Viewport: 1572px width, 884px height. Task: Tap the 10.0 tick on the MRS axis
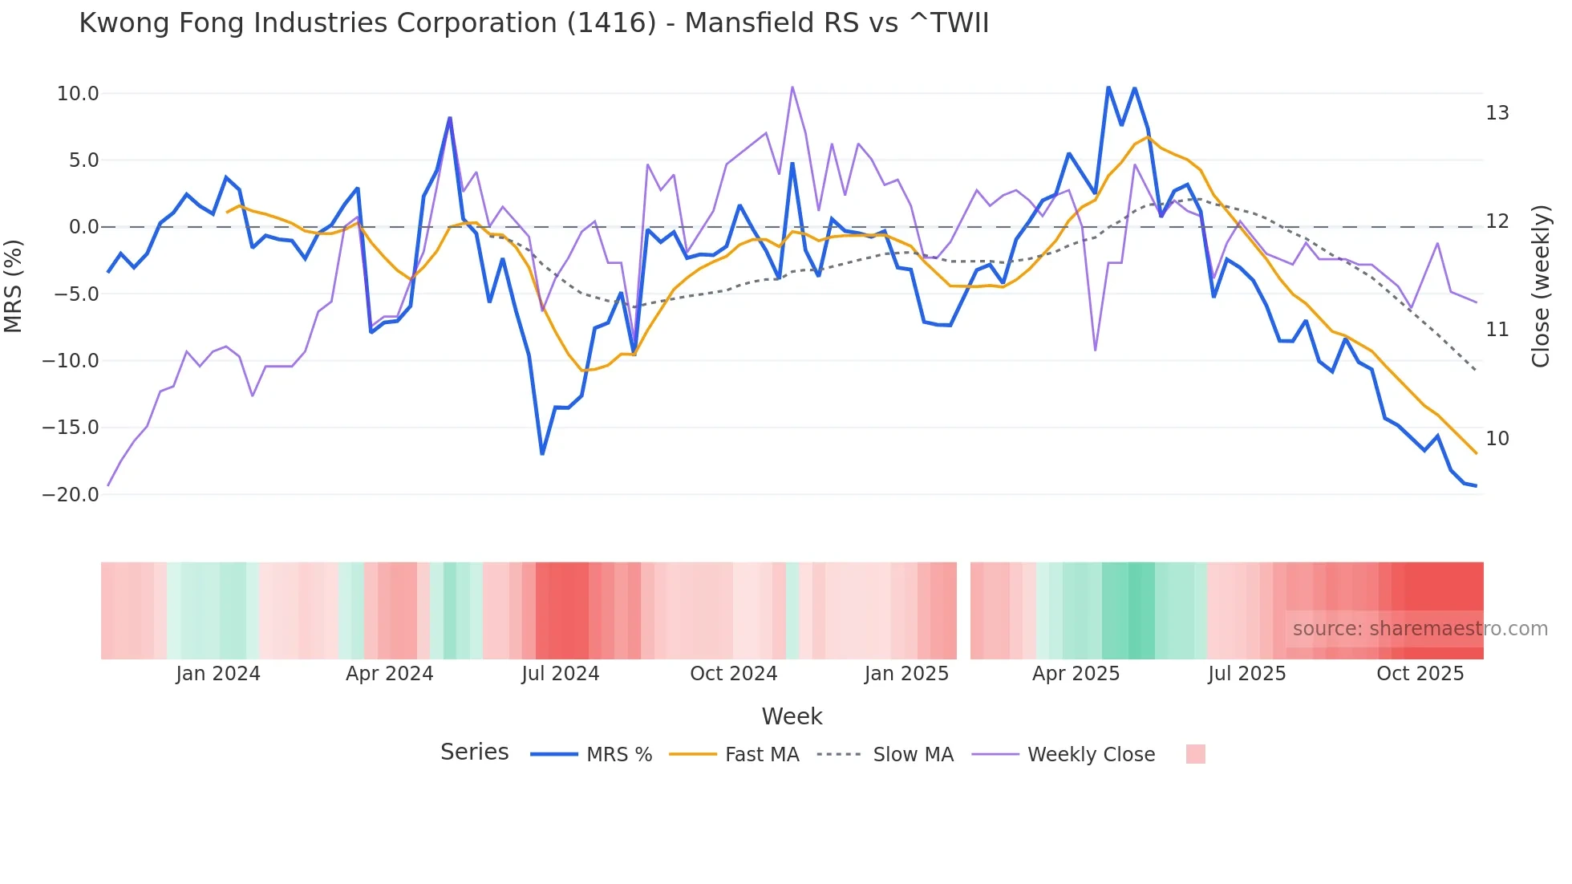tap(78, 94)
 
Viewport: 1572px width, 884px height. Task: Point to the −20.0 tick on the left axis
tap(71, 495)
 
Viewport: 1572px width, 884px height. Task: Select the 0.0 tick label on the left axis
tap(83, 227)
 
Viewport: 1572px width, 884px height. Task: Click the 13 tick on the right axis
tap(1497, 113)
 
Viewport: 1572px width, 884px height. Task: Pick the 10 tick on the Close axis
tap(1497, 439)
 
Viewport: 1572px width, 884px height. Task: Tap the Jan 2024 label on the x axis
tap(218, 674)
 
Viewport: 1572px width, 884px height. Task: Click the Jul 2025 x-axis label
tap(1246, 674)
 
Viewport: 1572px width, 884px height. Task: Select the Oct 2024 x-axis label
tap(733, 674)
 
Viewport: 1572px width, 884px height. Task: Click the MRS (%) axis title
tap(14, 286)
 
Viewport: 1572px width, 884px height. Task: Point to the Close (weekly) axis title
tap(1541, 286)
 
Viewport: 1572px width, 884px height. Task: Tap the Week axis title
tap(792, 716)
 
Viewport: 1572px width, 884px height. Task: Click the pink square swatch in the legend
tap(1195, 754)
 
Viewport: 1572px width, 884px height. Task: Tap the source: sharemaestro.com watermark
tap(1420, 629)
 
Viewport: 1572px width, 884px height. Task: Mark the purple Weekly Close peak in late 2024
tap(792, 87)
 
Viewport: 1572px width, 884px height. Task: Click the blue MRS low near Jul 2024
tap(542, 454)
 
